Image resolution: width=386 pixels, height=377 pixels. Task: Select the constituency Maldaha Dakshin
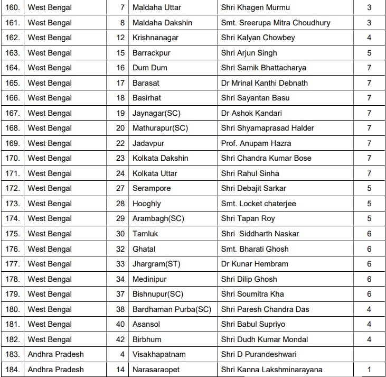[x=162, y=23]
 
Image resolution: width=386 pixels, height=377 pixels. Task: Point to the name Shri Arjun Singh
[x=249, y=53]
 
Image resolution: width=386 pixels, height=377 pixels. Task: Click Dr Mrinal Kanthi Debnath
[x=264, y=83]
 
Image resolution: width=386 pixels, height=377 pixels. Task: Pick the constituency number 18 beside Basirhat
[x=120, y=98]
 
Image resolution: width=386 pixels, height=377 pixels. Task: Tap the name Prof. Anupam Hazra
[x=256, y=143]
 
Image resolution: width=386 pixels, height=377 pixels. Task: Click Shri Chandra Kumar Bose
[x=266, y=158]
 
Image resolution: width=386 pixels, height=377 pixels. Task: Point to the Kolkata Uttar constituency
[x=155, y=173]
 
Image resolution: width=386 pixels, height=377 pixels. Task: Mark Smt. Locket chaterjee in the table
[x=259, y=204]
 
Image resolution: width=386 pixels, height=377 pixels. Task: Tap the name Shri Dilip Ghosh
[x=249, y=279]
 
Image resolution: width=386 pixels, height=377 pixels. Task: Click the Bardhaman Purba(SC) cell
[x=172, y=309]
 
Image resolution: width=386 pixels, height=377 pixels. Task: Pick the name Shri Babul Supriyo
[x=253, y=324]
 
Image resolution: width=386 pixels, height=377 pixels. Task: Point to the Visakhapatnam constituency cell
[x=159, y=354]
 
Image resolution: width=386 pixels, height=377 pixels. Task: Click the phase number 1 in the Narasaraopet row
[x=369, y=370]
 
